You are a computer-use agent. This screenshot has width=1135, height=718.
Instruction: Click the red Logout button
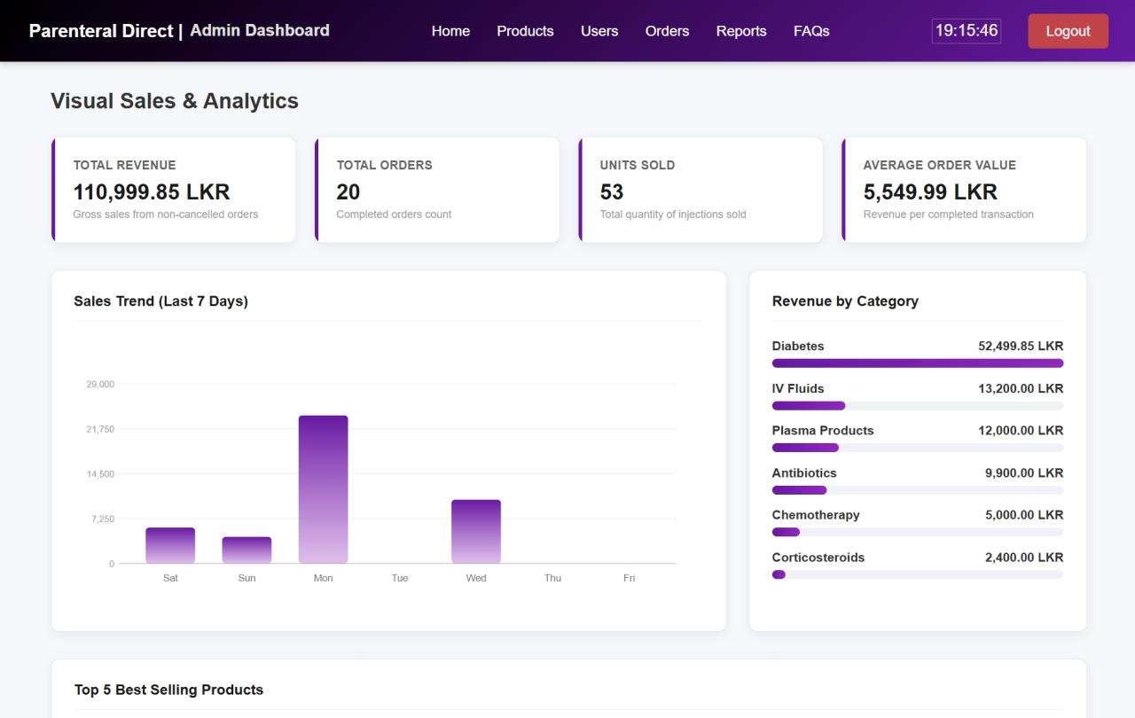[1068, 31]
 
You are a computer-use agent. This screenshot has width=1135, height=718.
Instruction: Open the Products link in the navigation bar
[525, 31]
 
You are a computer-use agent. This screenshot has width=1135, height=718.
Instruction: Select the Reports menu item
[740, 31]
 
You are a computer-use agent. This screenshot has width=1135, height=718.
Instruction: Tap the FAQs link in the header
[811, 31]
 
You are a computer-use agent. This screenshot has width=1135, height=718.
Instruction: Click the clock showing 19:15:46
[967, 31]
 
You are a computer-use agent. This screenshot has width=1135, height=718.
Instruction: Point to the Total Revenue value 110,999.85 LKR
[152, 191]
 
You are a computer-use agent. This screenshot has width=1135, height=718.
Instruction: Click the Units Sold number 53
[612, 191]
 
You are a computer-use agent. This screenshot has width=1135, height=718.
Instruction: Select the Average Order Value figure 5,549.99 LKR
[930, 191]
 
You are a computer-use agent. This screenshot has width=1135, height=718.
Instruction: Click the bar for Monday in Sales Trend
[324, 489]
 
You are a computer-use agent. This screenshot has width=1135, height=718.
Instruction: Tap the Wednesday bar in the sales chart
[476, 531]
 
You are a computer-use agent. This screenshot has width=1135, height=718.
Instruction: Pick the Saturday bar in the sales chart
[170, 545]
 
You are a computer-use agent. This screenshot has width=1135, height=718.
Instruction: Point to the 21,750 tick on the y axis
[100, 429]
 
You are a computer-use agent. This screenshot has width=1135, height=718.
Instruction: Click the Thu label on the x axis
[552, 578]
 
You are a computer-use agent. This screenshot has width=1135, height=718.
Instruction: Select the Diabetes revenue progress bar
[918, 363]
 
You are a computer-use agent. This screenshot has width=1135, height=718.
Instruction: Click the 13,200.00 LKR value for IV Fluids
[1021, 388]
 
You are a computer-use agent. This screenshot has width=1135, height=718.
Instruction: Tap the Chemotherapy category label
[816, 515]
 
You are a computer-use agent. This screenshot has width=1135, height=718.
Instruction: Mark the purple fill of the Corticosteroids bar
[779, 574]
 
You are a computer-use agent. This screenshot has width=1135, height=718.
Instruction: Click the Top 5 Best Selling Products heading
[168, 690]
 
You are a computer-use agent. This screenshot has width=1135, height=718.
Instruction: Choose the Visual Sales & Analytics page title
[175, 101]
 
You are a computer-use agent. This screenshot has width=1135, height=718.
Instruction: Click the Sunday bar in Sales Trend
[247, 550]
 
